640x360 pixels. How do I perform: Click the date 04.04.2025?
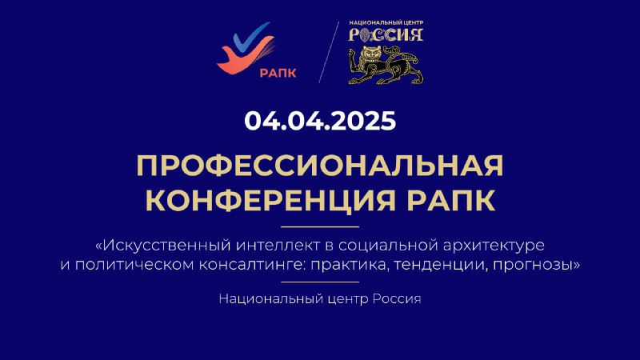[x=320, y=121]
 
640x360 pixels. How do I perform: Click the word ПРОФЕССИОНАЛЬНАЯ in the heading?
[x=320, y=166]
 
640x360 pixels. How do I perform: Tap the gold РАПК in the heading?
[x=451, y=200]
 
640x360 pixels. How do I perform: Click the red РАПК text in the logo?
[x=278, y=73]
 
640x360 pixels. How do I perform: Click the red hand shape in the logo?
[x=244, y=58]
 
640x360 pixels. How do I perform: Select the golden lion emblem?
[x=386, y=65]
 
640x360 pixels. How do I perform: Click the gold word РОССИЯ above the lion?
[x=386, y=35]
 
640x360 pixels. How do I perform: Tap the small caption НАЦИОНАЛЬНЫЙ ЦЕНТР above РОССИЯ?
[x=386, y=23]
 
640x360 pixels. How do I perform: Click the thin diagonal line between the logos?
[x=329, y=52]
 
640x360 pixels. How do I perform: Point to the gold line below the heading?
[x=320, y=226]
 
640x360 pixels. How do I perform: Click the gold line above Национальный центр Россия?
[x=320, y=282]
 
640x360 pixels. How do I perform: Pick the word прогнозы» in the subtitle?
[x=536, y=266]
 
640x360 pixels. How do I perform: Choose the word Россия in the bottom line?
[x=397, y=298]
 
